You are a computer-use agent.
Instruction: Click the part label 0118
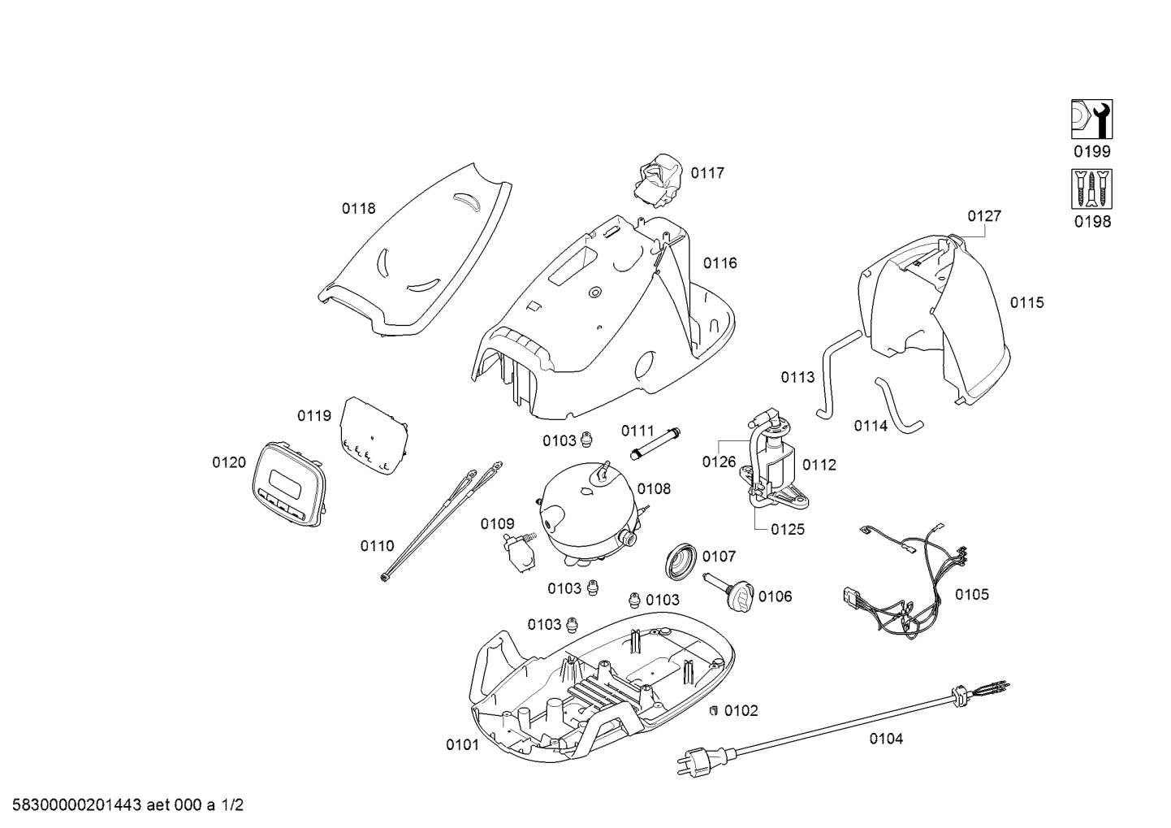coord(359,209)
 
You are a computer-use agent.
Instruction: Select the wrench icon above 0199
coord(1091,119)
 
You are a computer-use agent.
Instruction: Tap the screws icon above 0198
coord(1091,189)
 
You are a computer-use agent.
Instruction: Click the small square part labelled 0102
coord(712,710)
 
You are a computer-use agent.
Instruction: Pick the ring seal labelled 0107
coord(681,561)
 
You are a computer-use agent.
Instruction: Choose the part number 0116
coord(719,263)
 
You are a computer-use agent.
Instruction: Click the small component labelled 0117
coord(659,180)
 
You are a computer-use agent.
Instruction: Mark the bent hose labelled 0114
coord(897,405)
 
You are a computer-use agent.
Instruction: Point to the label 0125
coord(788,529)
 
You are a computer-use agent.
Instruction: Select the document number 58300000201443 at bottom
coord(76,805)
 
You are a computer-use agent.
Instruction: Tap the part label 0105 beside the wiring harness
coord(972,595)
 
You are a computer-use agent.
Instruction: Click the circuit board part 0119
coord(374,436)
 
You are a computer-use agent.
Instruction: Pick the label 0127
coord(984,216)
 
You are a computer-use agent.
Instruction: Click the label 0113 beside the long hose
coord(797,377)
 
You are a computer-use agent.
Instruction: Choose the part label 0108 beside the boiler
coord(654,489)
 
